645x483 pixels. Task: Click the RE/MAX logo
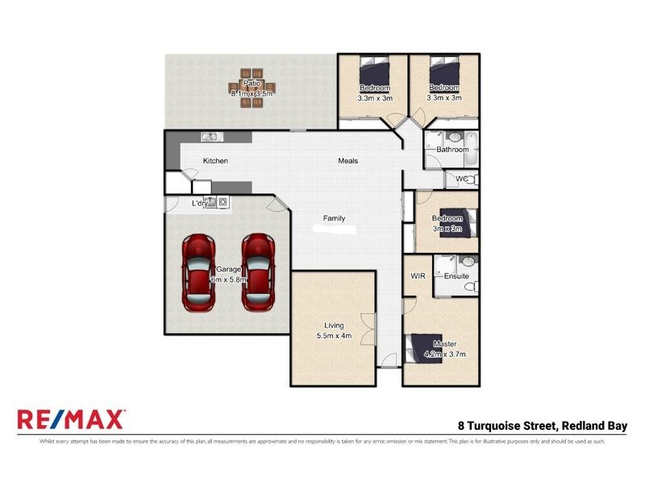(x=71, y=419)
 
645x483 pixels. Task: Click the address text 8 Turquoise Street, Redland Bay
(x=542, y=426)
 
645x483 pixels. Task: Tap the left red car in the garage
(x=198, y=274)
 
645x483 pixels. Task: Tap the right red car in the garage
(x=259, y=274)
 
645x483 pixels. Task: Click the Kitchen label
(x=215, y=161)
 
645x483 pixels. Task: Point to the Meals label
(x=347, y=161)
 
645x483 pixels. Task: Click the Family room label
(x=335, y=218)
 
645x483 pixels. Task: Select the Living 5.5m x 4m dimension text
(x=333, y=336)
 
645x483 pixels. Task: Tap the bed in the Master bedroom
(x=426, y=349)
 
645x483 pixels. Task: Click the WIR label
(x=418, y=276)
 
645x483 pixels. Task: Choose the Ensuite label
(x=456, y=276)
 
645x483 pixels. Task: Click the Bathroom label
(x=452, y=150)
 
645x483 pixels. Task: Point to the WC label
(x=461, y=179)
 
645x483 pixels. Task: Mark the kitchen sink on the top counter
(x=209, y=137)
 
